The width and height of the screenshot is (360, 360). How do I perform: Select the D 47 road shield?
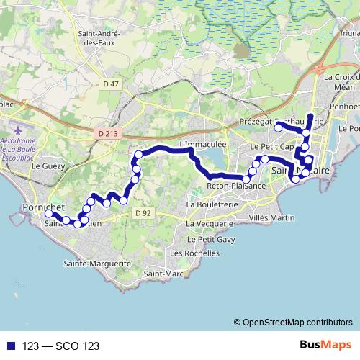(x=110, y=84)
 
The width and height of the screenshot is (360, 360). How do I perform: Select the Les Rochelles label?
(x=193, y=253)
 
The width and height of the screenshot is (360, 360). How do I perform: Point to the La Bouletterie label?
(x=212, y=204)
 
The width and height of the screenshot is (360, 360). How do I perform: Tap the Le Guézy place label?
(x=48, y=166)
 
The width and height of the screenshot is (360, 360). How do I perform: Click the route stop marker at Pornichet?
(x=48, y=214)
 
